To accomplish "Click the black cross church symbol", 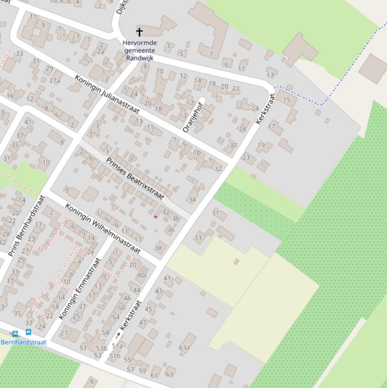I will click(139, 32).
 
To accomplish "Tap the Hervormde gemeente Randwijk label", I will click(139, 50).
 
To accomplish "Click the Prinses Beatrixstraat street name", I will click(135, 178).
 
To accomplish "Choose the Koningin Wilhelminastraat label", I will click(102, 228).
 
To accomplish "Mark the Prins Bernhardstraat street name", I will click(28, 225).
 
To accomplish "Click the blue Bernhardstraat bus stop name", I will click(23, 342).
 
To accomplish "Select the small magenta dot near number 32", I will click(156, 217).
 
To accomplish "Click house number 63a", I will click(184, 347).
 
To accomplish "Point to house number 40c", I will click(142, 275).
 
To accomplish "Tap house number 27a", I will click(54, 81).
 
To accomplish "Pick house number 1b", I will click(197, 152).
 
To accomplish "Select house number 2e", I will click(90, 252).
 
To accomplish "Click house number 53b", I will click(102, 348).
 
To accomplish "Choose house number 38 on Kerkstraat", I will click(159, 247).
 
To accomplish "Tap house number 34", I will click(192, 200).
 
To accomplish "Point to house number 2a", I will click(101, 51).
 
